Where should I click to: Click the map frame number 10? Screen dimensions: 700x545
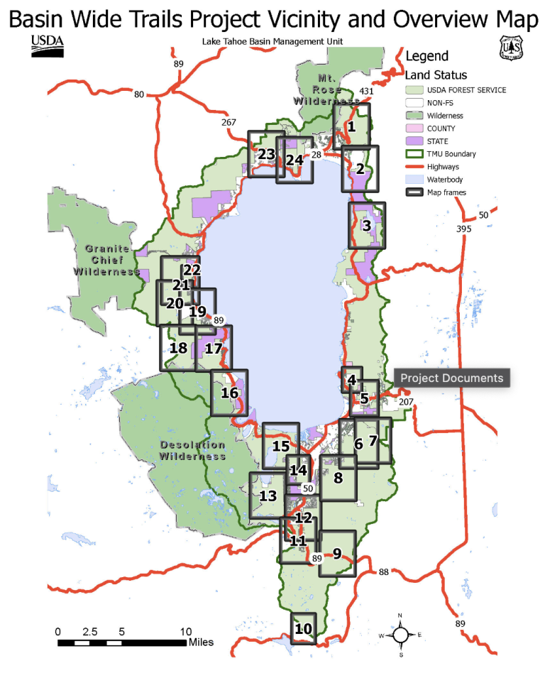(303, 629)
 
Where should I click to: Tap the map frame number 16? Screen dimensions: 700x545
(229, 393)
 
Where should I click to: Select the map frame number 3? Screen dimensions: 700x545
(366, 226)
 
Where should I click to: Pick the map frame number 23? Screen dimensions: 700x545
(266, 154)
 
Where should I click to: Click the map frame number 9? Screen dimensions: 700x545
(337, 553)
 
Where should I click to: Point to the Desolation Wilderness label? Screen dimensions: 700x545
(192, 450)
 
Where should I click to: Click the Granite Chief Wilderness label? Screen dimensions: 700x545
(108, 260)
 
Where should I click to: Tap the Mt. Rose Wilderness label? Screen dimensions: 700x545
(326, 89)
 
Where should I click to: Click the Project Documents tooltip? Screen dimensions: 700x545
(452, 378)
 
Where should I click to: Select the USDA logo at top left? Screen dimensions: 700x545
(48, 46)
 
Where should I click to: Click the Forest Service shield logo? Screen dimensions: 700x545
(511, 48)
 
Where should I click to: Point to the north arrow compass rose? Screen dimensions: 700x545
(400, 635)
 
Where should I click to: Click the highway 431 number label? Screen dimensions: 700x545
(366, 92)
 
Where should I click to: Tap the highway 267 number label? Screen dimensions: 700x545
(229, 123)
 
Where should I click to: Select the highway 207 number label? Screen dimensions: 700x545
(405, 402)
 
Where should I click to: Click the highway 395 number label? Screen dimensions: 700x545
(463, 229)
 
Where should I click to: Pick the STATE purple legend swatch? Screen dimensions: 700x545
(414, 141)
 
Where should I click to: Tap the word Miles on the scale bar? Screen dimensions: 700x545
(201, 642)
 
